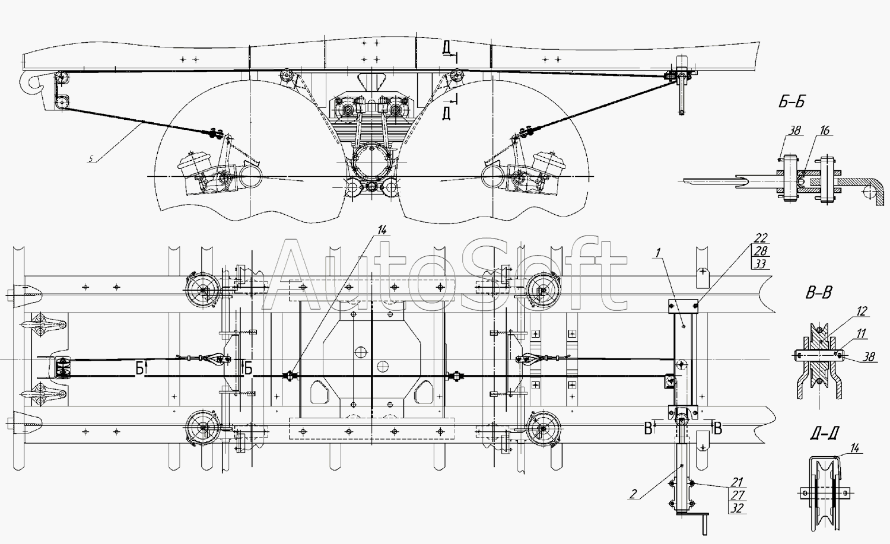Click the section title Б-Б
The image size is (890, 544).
(792, 102)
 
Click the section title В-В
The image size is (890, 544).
(818, 293)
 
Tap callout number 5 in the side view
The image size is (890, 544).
(91, 159)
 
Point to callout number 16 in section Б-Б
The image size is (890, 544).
(825, 131)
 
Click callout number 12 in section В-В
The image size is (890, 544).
(862, 311)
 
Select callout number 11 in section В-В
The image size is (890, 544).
(861, 333)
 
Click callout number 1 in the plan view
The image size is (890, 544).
(658, 253)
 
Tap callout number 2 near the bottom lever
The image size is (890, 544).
(632, 494)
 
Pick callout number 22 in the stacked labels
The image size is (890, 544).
(761, 238)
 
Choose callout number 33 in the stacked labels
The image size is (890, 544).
(761, 264)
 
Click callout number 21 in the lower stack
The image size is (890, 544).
(737, 482)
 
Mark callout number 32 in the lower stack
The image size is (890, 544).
(737, 508)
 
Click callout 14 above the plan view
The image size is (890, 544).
(382, 230)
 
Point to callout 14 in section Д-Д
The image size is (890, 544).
(854, 448)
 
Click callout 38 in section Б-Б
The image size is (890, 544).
(794, 131)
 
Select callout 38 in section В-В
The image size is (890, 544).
(869, 357)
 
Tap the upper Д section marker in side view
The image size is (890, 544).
(446, 49)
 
